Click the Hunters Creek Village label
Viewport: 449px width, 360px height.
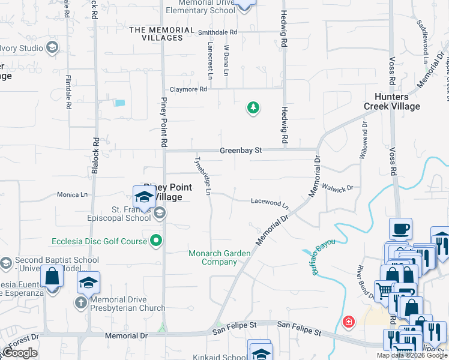click(392, 101)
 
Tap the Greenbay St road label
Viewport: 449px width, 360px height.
click(241, 151)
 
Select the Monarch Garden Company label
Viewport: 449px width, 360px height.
click(220, 257)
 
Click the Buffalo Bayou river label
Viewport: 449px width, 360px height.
click(322, 257)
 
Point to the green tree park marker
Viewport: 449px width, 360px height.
click(253, 108)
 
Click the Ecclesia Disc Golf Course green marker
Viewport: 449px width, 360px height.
click(157, 241)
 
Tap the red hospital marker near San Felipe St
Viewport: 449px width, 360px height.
click(348, 322)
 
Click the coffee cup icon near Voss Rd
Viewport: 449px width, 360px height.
click(400, 228)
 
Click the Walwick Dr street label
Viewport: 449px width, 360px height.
click(338, 188)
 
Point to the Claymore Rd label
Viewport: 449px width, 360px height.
click(188, 89)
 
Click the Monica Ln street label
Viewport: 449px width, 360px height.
click(72, 194)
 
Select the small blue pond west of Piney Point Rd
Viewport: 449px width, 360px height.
click(119, 103)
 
